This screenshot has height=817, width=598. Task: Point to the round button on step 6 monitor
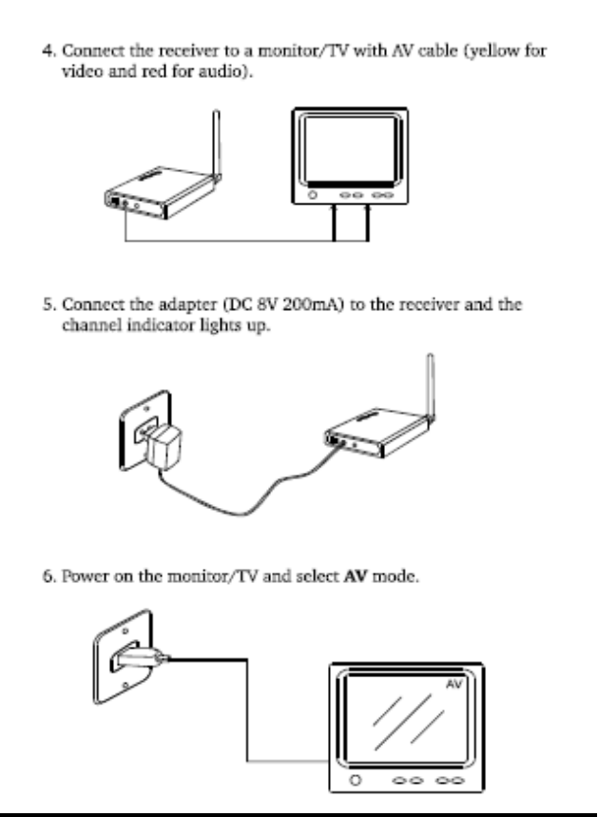(356, 779)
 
